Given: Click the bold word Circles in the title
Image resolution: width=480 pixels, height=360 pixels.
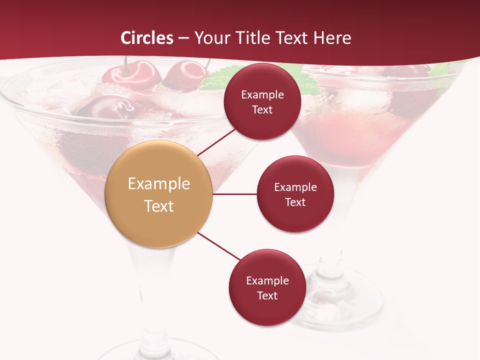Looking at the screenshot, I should pyautogui.click(x=147, y=38).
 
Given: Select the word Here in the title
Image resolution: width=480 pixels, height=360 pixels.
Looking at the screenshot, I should pyautogui.click(x=332, y=38).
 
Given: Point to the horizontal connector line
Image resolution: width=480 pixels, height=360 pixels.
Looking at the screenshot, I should pyautogui.click(x=235, y=194).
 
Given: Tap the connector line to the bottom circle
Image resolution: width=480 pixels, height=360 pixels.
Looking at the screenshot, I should pyautogui.click(x=219, y=246).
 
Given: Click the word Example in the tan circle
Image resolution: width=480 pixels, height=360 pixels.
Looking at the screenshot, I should pyautogui.click(x=159, y=183).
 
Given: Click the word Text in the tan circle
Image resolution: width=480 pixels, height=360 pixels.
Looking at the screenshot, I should pyautogui.click(x=159, y=206).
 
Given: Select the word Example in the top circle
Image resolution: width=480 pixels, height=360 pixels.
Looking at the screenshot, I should pyautogui.click(x=262, y=95).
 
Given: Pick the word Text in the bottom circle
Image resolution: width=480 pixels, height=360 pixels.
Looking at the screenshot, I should pyautogui.click(x=267, y=295).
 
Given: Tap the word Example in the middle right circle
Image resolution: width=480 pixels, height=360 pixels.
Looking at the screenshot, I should pyautogui.click(x=295, y=187).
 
